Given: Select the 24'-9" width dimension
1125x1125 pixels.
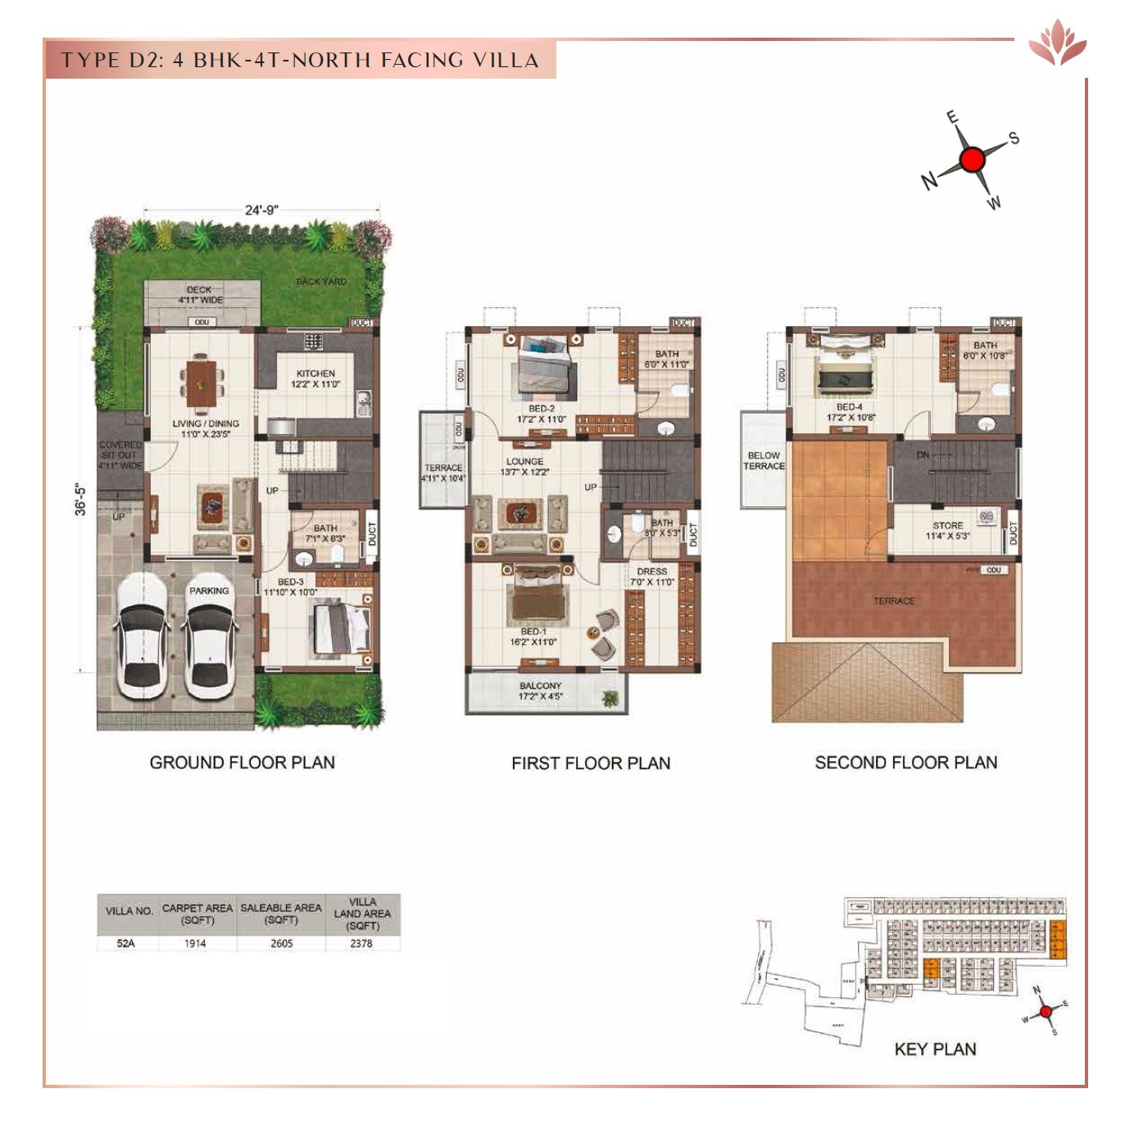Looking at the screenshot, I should [x=261, y=210].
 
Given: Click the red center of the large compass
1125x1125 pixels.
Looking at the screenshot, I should [x=972, y=160].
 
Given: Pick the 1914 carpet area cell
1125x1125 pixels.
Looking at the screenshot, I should [x=195, y=944].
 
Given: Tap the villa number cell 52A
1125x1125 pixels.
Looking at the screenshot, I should [x=125, y=944].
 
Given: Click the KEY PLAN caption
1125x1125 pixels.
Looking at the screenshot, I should [x=935, y=1049].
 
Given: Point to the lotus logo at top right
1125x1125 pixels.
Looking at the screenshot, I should [x=1057, y=43].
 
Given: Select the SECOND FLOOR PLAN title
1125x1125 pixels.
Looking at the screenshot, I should [x=905, y=763].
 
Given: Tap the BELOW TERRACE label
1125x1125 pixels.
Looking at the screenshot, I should [x=764, y=460].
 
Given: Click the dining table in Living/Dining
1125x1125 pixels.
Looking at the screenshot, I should [x=200, y=382].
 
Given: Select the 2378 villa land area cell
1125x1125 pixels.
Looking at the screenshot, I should [x=361, y=944].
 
